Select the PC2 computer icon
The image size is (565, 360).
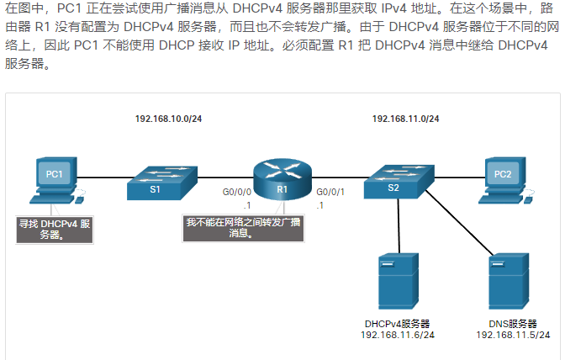pyautogui.click(x=503, y=179)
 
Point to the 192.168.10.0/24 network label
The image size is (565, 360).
pyautogui.click(x=168, y=119)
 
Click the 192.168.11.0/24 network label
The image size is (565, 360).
pyautogui.click(x=406, y=119)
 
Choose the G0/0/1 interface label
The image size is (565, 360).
pyautogui.click(x=330, y=193)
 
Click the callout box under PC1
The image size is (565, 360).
pyautogui.click(x=55, y=229)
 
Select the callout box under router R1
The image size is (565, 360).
pyautogui.click(x=244, y=229)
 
